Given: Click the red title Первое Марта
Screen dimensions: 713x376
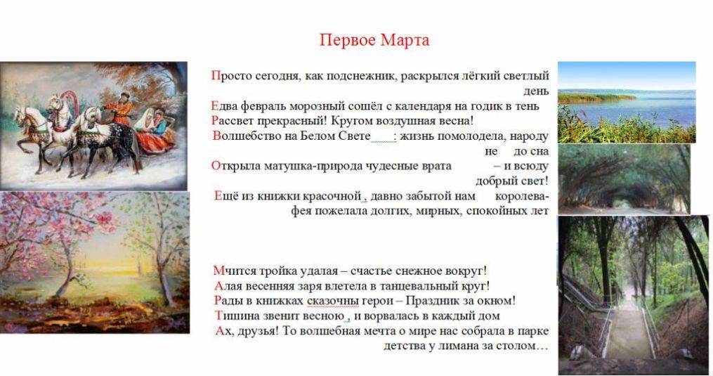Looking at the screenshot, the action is click(x=374, y=40).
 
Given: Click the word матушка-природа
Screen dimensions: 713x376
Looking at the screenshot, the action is click(x=306, y=166).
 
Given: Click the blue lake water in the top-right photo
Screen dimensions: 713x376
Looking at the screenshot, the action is click(x=636, y=109).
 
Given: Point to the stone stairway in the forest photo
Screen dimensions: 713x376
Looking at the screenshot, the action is click(x=630, y=328).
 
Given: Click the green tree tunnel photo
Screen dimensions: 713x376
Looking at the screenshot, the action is click(x=624, y=179).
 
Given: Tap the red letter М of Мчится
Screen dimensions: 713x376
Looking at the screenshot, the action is click(x=219, y=271).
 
